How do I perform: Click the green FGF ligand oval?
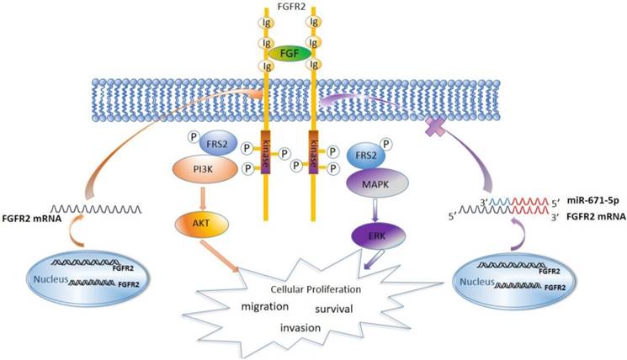pyautogui.click(x=289, y=53)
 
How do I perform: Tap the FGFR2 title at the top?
pyautogui.click(x=289, y=8)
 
